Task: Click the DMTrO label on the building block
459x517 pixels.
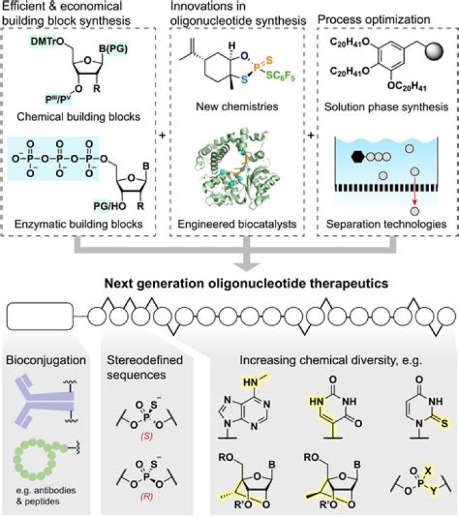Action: click(48, 41)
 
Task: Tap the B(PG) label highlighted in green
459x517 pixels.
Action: click(113, 49)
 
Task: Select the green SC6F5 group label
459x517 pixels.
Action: click(280, 76)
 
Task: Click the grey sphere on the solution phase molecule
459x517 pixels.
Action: click(434, 51)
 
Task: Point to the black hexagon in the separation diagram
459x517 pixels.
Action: click(358, 156)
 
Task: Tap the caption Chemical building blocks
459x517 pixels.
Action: click(78, 117)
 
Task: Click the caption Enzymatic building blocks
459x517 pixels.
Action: click(78, 224)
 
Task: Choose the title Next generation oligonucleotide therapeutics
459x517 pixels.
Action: click(246, 283)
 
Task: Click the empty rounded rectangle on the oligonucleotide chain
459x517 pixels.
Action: click(40, 316)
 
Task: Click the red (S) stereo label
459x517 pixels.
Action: click(147, 436)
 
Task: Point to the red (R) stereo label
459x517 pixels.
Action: click(147, 496)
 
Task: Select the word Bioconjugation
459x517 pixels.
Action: click(46, 360)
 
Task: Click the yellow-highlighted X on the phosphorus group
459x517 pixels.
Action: click(428, 470)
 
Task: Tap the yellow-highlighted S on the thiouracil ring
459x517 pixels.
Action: click(444, 423)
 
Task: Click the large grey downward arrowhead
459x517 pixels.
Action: click(246, 266)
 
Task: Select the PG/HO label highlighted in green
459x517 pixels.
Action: click(110, 206)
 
